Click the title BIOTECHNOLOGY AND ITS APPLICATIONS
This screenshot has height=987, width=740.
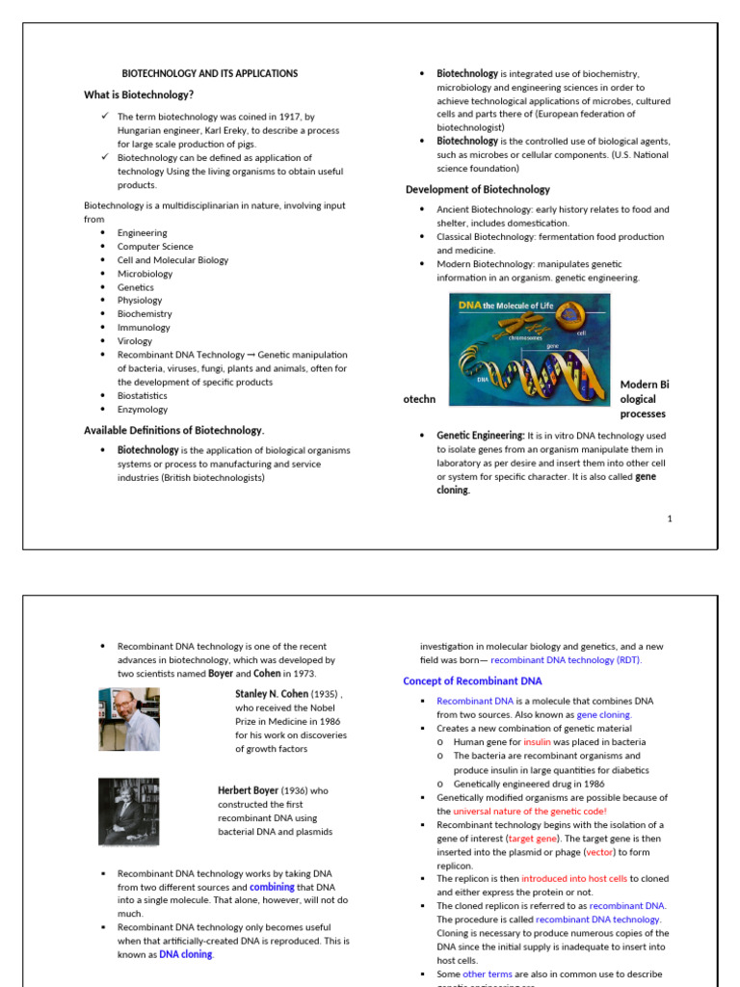[209, 73]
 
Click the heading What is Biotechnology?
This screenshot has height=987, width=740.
[139, 94]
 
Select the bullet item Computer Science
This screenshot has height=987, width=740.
[155, 247]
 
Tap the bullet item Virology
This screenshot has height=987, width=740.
[135, 341]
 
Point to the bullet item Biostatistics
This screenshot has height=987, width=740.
[142, 395]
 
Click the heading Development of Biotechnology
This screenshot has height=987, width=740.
[478, 190]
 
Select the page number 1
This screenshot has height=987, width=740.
[670, 519]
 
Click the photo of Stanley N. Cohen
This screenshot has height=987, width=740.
[128, 719]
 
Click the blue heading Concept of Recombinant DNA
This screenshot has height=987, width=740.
[472, 681]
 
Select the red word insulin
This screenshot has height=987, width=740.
[537, 742]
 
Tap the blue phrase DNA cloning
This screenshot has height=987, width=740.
[186, 954]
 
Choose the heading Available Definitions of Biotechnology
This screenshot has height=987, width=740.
[173, 430]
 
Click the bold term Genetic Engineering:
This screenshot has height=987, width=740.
[481, 436]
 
